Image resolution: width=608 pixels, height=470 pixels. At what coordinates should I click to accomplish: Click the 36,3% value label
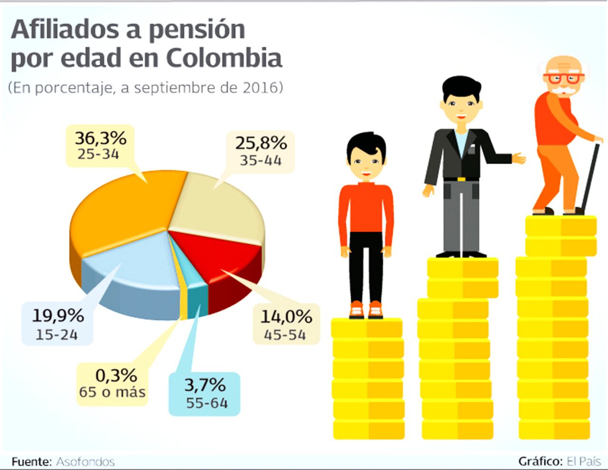[x=100, y=138]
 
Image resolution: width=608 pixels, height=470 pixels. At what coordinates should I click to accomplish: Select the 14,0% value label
[x=286, y=316]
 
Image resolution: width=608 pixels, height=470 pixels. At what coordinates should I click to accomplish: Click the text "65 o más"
[x=113, y=393]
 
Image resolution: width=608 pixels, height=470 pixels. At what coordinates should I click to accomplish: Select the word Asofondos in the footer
[x=85, y=461]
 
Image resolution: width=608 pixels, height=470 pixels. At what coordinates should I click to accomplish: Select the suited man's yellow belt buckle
[x=460, y=179]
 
